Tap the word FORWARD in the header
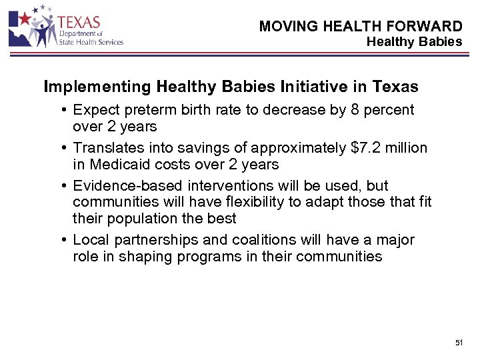(430, 26)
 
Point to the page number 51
(459, 342)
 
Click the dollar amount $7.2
(365, 147)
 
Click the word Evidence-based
(129, 185)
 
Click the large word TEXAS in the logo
(79, 23)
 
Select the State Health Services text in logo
(91, 42)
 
